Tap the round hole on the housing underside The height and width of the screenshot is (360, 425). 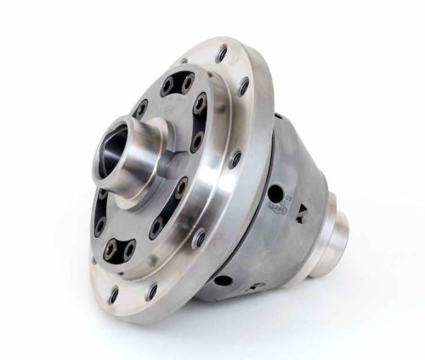coord(224,280)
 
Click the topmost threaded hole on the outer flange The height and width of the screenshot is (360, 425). coord(222,53)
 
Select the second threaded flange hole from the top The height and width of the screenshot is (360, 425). coord(245,86)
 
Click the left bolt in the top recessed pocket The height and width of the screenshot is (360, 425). coord(167,85)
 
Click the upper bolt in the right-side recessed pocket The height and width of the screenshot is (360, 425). coord(200,106)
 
